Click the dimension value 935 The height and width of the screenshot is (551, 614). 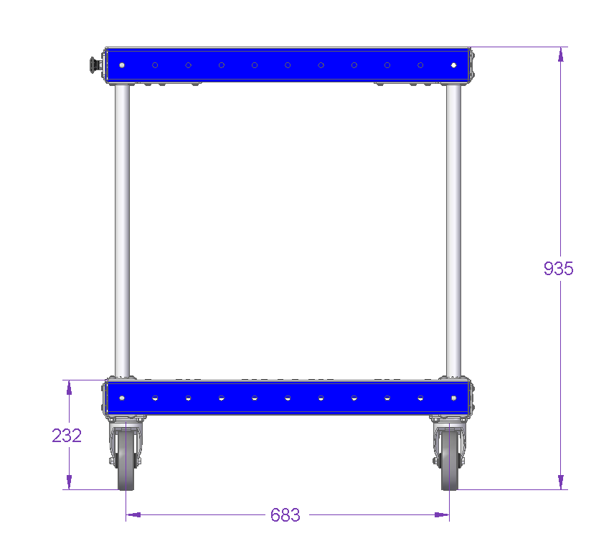[558, 269]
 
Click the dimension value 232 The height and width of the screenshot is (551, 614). [67, 436]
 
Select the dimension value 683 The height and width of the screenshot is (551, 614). [285, 515]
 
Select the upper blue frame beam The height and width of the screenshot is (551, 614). [287, 64]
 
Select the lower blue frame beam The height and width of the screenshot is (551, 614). [287, 398]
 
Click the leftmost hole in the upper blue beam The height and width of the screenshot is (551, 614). [122, 65]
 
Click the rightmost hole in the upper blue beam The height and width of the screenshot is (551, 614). [453, 65]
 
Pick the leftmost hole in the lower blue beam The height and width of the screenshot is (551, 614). [122, 398]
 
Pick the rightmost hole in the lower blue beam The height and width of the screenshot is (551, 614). [453, 398]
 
